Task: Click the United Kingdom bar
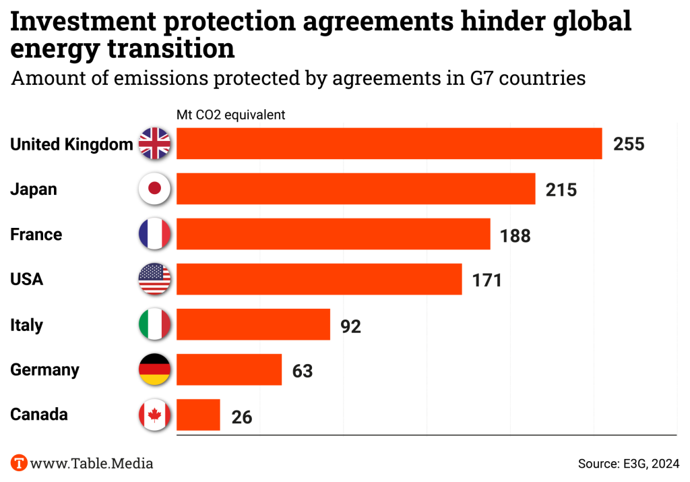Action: pos(389,144)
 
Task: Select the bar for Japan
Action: pos(356,189)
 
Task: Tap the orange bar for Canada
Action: pos(198,415)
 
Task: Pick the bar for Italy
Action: pos(253,325)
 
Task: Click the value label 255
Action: pos(629,144)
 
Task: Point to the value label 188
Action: pos(515,235)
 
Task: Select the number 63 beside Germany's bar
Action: pos(303,371)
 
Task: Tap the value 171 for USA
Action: pos(487,280)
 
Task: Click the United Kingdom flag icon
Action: pos(154,144)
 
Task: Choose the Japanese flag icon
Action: pos(154,189)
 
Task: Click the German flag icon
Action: pos(154,369)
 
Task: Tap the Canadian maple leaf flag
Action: pos(154,415)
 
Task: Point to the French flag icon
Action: pos(154,234)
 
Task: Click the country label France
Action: pos(36,235)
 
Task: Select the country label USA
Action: pos(26,279)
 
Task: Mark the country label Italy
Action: pos(26,325)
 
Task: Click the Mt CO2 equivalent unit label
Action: pos(230,115)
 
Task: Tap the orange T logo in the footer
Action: pos(19,463)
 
